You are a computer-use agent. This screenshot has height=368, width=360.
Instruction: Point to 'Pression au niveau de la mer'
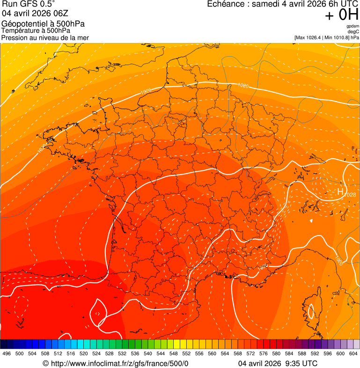coord(45,37)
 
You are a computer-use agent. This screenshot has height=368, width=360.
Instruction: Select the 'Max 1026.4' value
coord(309,37)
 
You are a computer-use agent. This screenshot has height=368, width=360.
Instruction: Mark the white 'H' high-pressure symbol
coord(340,191)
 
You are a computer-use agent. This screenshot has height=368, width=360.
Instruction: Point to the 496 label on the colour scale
coord(7,353)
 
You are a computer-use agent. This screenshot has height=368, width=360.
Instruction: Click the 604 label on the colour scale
coord(353,353)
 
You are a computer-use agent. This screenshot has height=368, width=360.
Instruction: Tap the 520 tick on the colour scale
coord(84,353)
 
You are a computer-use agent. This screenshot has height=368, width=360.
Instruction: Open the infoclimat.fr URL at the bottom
coord(116,363)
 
